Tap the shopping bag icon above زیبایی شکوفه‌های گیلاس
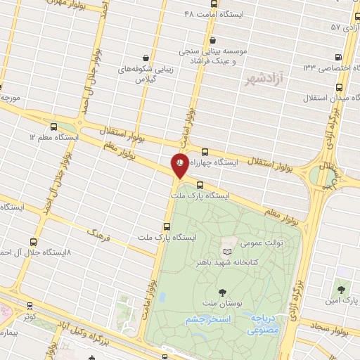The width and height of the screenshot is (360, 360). (146, 58)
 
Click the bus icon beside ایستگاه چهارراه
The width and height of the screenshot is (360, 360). (205, 151)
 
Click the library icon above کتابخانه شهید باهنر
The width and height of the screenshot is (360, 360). (226, 251)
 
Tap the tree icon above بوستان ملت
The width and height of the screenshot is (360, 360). (223, 292)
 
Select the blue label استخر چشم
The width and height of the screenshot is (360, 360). (209, 319)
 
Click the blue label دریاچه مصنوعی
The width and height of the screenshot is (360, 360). (264, 323)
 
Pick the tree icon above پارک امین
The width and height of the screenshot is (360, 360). (342, 288)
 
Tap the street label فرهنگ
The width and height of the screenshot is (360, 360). (99, 233)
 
